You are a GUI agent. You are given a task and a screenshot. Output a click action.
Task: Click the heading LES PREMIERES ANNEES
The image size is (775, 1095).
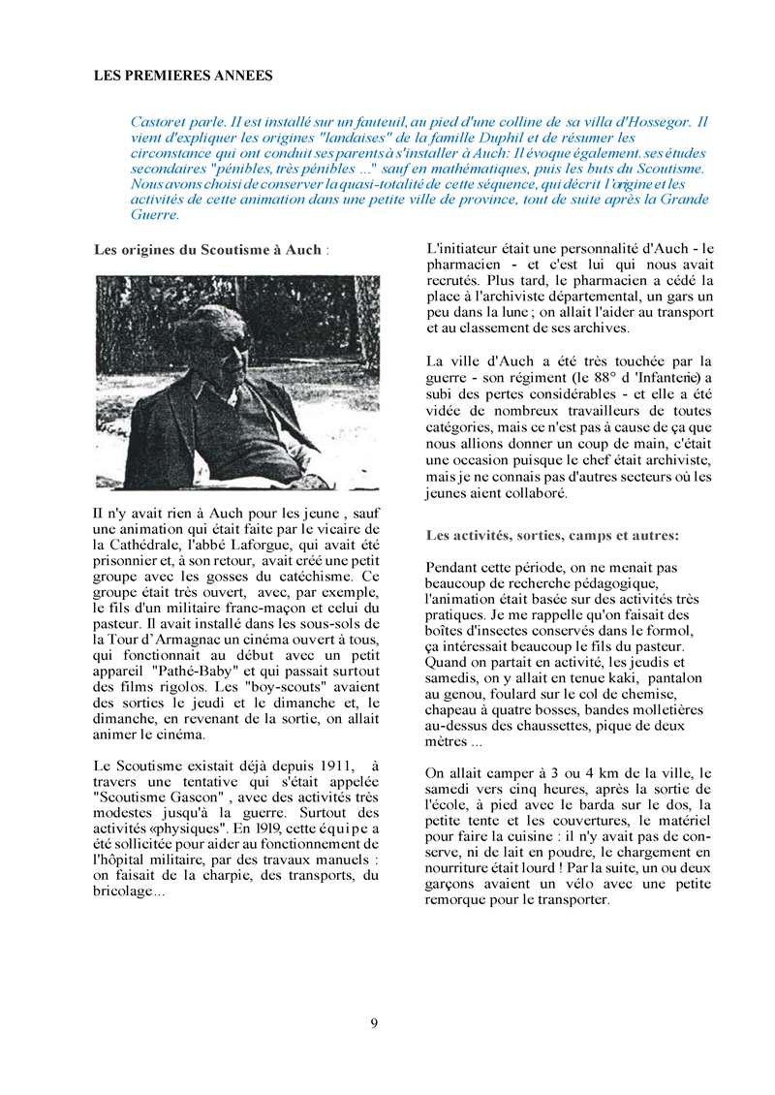click(x=183, y=75)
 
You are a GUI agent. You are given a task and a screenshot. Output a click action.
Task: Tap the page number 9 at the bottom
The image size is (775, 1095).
click(x=374, y=1021)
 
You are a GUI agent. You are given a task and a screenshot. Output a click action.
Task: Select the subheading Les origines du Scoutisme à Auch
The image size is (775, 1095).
click(x=208, y=249)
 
